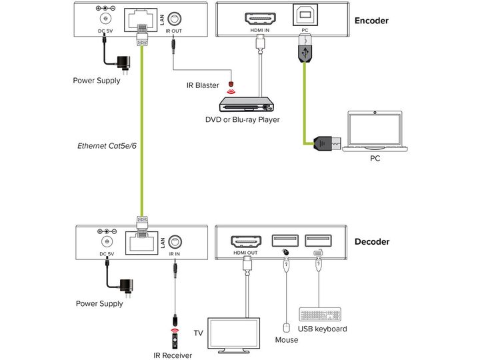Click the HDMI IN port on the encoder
point(260,19)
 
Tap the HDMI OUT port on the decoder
point(246,242)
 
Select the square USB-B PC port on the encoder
point(305,15)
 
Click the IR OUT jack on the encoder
point(174,19)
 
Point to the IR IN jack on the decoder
point(175,242)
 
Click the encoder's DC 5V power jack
point(105,19)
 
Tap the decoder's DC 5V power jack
point(107,242)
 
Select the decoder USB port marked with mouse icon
point(285,241)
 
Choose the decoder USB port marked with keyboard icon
point(319,241)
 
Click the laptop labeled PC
point(375,131)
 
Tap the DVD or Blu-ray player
point(246,105)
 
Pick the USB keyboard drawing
point(320,315)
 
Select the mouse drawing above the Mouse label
point(286,328)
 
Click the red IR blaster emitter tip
point(231,83)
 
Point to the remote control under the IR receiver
point(175,341)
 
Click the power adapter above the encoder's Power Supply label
point(124,63)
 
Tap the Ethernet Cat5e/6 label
point(107,146)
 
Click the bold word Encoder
point(371,21)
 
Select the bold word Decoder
point(372,242)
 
